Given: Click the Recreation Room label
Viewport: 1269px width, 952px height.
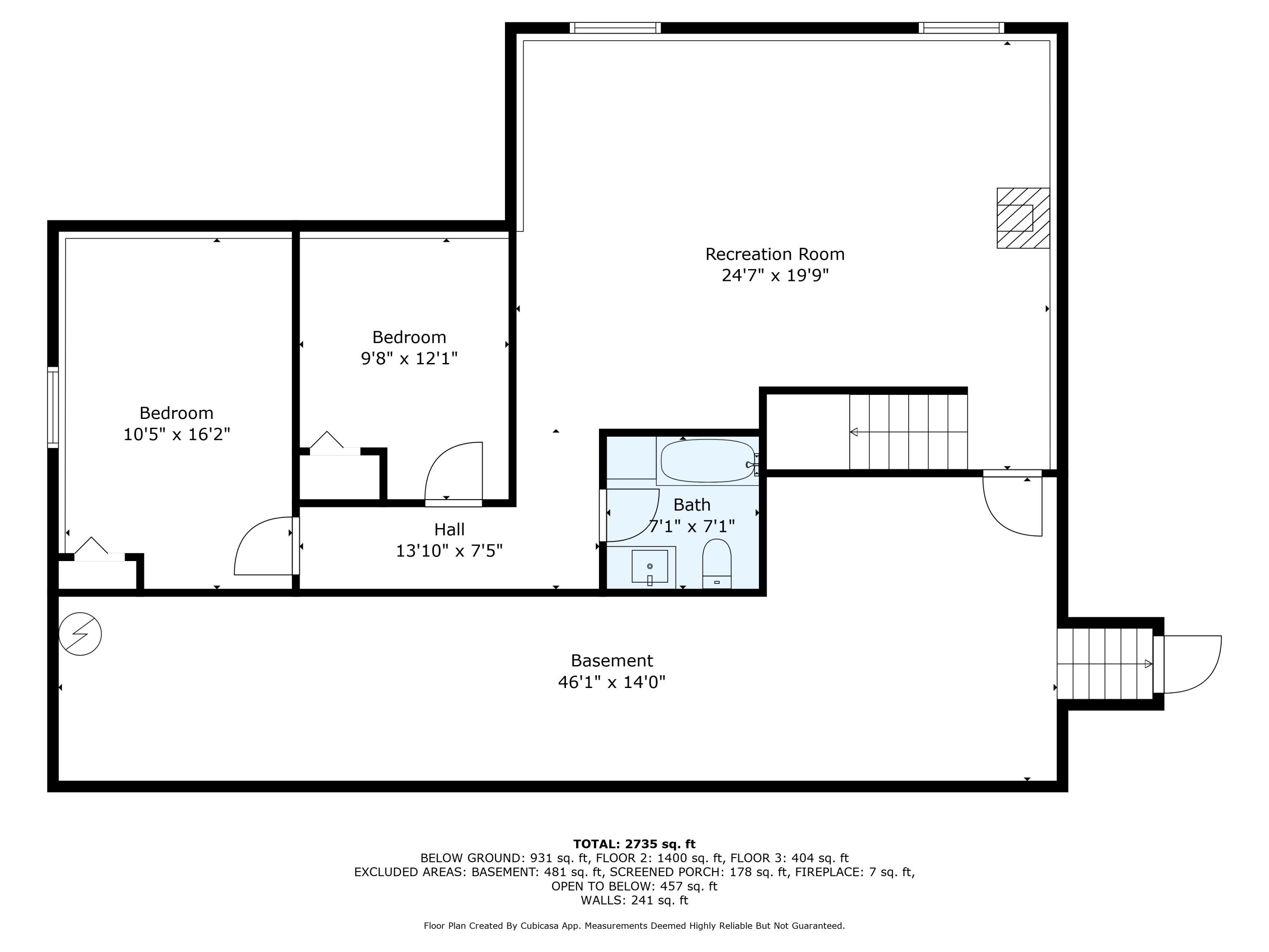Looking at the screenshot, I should (x=775, y=254).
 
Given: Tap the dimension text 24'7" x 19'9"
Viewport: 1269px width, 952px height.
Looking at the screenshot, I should (x=775, y=276).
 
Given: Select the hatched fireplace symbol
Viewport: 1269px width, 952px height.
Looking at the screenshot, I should (x=1023, y=218).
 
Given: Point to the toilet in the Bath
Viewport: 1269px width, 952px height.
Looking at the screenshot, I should (x=717, y=564).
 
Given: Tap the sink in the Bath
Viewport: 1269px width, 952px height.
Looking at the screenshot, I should (x=649, y=567).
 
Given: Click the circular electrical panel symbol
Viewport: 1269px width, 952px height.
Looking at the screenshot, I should (x=80, y=634).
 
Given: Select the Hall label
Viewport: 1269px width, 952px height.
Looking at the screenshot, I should (x=449, y=529).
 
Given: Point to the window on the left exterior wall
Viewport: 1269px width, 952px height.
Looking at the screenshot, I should (x=53, y=407).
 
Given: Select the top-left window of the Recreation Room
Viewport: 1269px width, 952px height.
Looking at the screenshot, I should (x=615, y=28).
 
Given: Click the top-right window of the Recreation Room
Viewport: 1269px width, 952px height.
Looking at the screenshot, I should (x=961, y=28).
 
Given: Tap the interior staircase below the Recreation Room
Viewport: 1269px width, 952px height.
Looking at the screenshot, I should (x=908, y=432).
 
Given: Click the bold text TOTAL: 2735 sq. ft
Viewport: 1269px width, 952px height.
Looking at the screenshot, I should (x=634, y=844).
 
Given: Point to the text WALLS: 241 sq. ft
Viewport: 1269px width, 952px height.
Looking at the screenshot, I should (x=634, y=900).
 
